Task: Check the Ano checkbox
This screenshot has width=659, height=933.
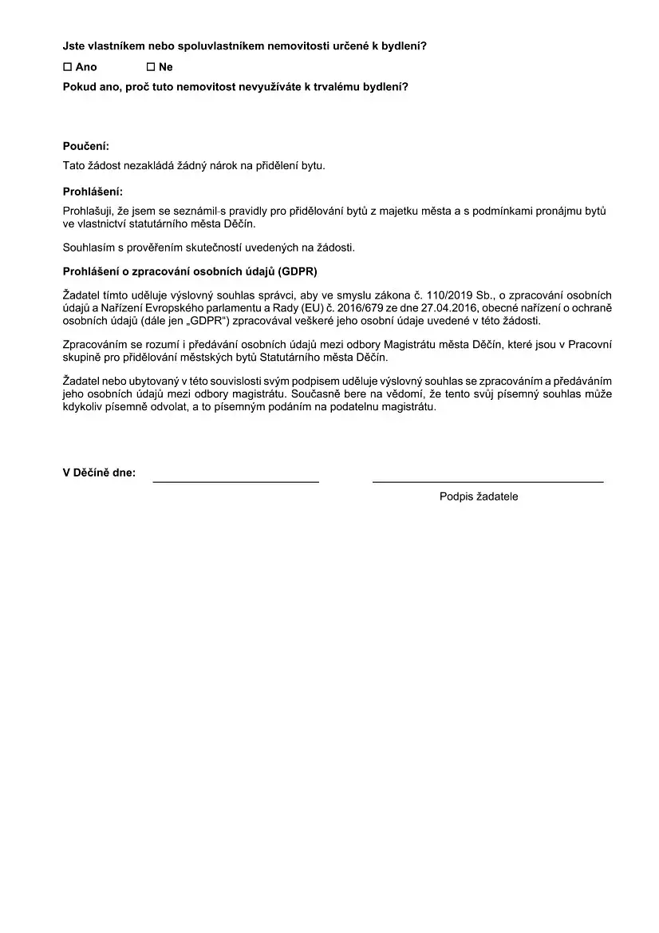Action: pos(67,67)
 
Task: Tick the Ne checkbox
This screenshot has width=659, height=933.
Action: pos(151,67)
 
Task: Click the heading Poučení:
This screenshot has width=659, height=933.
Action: pos(86,146)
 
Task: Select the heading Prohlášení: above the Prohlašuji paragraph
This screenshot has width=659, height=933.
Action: pos(93,192)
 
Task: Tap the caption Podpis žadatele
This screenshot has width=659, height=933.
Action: pos(479,496)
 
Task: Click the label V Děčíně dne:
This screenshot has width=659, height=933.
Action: pos(99,472)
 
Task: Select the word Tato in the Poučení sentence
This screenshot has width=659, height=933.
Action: pos(74,166)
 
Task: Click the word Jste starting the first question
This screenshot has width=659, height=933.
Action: pos(74,46)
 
